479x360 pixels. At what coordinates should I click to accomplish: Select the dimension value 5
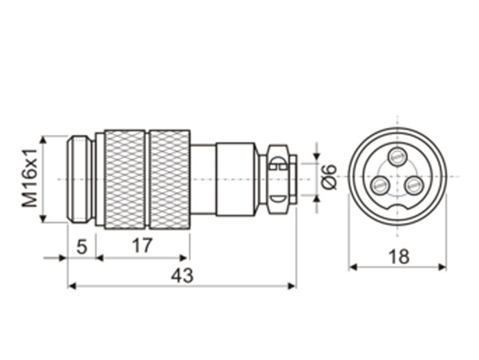coord(81,246)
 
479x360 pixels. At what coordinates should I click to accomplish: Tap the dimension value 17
coord(141,246)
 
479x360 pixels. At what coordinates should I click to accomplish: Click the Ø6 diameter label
coord(329,176)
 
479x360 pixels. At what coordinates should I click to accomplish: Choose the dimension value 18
coord(397,255)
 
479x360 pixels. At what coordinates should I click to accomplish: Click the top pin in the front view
coord(397,156)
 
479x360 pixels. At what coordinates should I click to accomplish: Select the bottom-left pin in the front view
coord(379,186)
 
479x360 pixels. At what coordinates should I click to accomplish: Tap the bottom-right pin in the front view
coord(414,186)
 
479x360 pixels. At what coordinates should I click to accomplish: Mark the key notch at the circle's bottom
coord(397,210)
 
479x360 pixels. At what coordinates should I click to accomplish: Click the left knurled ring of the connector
coord(125,179)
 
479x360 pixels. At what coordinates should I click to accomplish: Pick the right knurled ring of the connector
coord(169,179)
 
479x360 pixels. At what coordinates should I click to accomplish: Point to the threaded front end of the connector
coord(80,179)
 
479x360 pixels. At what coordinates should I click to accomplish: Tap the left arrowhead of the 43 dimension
coord(72,285)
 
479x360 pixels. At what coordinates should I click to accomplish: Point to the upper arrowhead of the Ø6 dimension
coord(316,155)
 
